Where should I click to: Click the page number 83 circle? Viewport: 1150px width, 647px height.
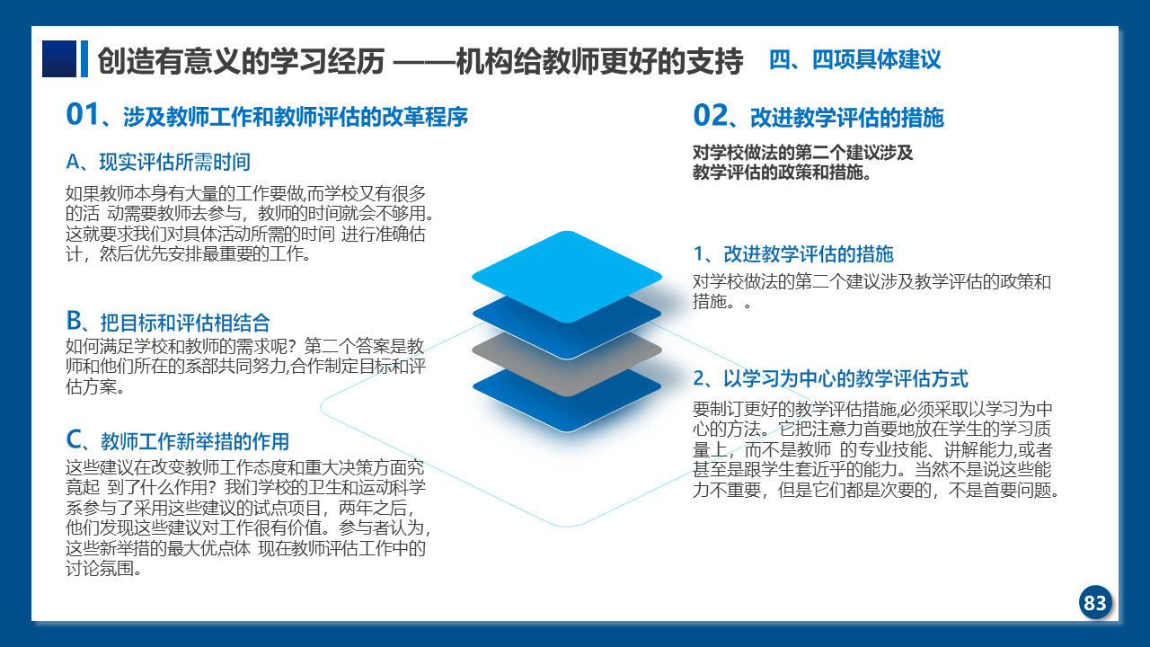click(x=1095, y=602)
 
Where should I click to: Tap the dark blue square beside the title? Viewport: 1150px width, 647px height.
click(x=59, y=59)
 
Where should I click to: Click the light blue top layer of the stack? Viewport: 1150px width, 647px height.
click(x=567, y=277)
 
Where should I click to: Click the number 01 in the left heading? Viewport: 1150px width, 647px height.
click(x=82, y=114)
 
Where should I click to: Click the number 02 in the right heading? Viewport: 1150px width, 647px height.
click(x=710, y=115)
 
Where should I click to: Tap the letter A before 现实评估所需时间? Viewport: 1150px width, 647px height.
click(x=73, y=163)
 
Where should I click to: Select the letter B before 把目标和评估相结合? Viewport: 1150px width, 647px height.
click(x=74, y=321)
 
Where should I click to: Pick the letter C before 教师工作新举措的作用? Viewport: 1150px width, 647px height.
click(x=74, y=440)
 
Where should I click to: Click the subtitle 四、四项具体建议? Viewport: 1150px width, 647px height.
click(x=854, y=59)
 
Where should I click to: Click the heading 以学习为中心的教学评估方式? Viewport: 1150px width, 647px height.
click(x=845, y=379)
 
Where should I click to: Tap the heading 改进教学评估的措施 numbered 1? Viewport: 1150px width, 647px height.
click(x=809, y=254)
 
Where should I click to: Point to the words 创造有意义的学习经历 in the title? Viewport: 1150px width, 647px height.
click(x=241, y=61)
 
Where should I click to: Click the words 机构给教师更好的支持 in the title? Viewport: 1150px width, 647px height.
click(x=599, y=61)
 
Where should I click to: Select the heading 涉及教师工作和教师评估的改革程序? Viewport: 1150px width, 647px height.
click(x=296, y=117)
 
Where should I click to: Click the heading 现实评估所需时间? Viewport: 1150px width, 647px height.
click(x=174, y=163)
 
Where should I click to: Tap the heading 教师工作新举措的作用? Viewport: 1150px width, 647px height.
click(x=195, y=441)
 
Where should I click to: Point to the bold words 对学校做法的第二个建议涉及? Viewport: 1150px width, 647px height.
click(x=803, y=153)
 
